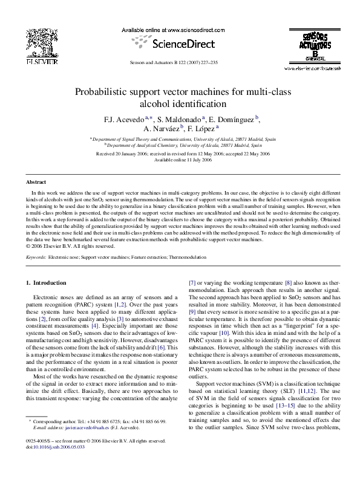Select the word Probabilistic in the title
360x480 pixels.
click(x=103, y=92)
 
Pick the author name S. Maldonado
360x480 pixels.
click(x=182, y=119)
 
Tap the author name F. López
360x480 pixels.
click(x=198, y=129)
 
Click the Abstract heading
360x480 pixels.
click(x=36, y=182)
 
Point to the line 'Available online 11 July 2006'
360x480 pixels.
click(x=180, y=160)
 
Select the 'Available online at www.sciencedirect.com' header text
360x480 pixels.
click(x=180, y=29)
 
